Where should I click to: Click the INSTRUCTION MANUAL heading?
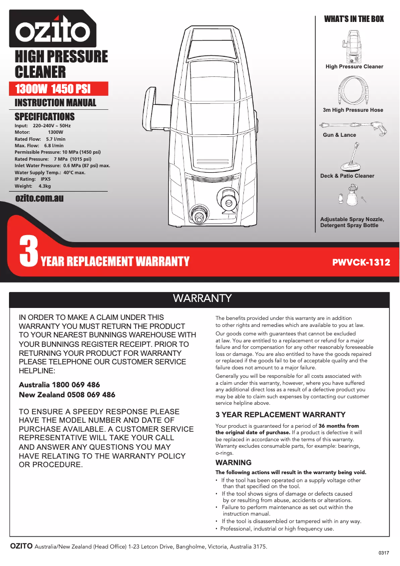[55, 103]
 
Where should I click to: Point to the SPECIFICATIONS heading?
[45, 117]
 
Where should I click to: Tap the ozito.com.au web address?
[40, 198]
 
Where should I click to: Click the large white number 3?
[28, 252]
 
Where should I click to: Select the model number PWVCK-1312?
[361, 262]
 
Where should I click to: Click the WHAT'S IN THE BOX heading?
[354, 19]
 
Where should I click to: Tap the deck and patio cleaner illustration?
[353, 157]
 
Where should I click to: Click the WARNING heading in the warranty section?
[233, 463]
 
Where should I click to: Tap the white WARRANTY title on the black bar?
[202, 298]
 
